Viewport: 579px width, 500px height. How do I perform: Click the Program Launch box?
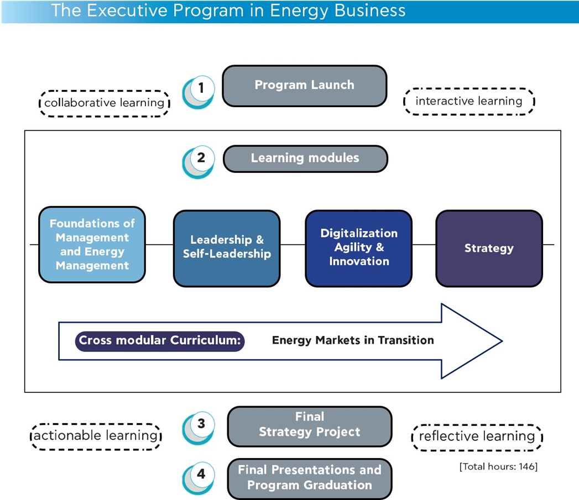tap(304, 85)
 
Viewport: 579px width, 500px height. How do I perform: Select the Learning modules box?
tap(305, 159)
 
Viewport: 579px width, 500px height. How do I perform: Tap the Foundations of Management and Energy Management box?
tap(92, 244)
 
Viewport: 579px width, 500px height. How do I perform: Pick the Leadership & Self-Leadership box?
tap(227, 248)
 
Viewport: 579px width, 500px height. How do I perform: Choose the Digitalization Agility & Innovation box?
tap(358, 248)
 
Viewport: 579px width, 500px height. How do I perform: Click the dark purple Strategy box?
tap(489, 248)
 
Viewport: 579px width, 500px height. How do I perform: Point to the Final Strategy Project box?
tap(309, 425)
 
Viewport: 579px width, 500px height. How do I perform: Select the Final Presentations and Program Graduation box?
tap(309, 478)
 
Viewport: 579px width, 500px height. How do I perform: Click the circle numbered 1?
tap(201, 88)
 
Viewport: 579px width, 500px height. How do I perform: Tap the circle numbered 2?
tap(201, 159)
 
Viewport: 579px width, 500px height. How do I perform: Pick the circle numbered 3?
tap(201, 424)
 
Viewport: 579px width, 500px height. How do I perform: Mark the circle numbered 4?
tap(201, 474)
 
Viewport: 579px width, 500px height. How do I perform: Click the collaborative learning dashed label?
tap(104, 103)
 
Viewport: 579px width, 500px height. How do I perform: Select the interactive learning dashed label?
tap(469, 101)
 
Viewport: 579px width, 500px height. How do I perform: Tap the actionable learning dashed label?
tap(96, 435)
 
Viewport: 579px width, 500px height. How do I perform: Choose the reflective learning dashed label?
tap(477, 436)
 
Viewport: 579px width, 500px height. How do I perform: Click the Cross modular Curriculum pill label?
tap(160, 340)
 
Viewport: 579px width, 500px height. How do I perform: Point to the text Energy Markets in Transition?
tap(353, 340)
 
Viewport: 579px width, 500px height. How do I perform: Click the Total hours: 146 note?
tap(498, 467)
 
